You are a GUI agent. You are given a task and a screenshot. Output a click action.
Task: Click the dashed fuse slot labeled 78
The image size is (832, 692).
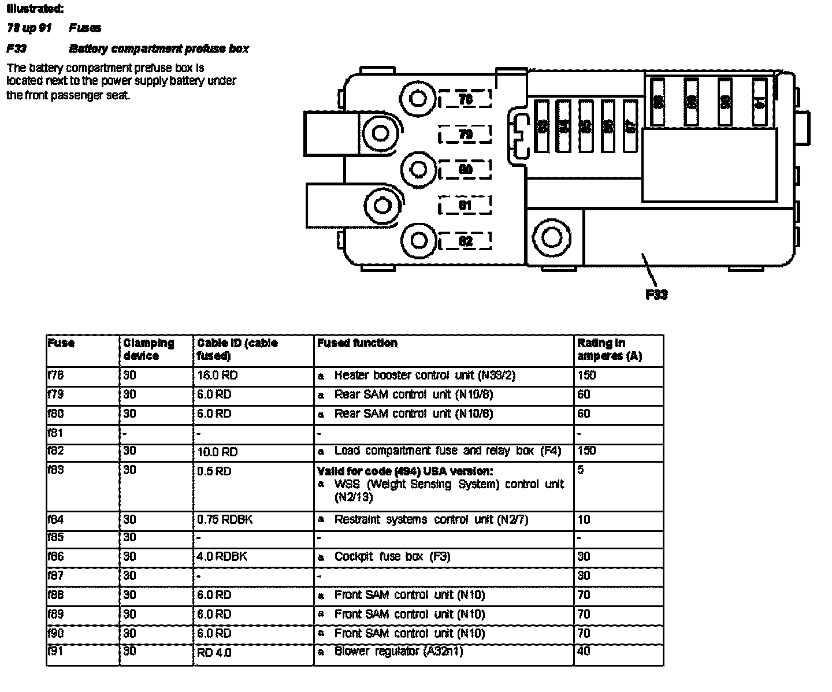point(465,99)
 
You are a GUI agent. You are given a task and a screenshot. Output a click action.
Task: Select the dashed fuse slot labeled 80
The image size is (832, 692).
point(465,169)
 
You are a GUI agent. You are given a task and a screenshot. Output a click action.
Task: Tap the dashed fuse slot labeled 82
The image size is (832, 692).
point(465,241)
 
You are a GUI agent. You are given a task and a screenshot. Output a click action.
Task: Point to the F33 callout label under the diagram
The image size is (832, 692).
point(656,295)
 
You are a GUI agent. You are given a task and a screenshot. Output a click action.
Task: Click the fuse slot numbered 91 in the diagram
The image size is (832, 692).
point(760,103)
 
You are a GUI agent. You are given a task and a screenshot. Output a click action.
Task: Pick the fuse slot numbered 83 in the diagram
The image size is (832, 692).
point(542,126)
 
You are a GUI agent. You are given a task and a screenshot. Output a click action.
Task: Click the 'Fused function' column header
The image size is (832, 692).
point(357,343)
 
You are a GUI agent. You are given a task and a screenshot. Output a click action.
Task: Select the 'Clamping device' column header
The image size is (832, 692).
point(148,349)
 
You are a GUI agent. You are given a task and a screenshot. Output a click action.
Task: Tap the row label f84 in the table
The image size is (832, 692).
point(56,520)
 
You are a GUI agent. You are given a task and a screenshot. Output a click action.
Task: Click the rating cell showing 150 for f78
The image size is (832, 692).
point(586,375)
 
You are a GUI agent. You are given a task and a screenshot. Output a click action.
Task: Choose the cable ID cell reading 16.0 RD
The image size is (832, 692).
point(217,375)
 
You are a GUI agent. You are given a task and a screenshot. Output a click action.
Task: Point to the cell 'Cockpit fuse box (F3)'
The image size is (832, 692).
point(392,557)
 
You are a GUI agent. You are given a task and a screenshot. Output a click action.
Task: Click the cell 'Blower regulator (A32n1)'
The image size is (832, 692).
point(398,652)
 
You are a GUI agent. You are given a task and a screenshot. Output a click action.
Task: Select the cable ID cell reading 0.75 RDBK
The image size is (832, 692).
point(225,520)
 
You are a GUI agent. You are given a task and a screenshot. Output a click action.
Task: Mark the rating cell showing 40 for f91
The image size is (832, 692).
point(584,652)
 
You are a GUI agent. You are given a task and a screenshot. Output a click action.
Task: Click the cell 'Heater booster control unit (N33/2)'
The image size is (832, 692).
point(424,375)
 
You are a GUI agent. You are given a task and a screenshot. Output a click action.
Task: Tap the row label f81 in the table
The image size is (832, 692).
point(55,433)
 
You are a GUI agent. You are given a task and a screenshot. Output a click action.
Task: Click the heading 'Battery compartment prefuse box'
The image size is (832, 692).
point(159,49)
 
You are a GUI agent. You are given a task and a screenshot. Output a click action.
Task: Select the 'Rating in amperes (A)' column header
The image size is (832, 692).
point(610,349)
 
